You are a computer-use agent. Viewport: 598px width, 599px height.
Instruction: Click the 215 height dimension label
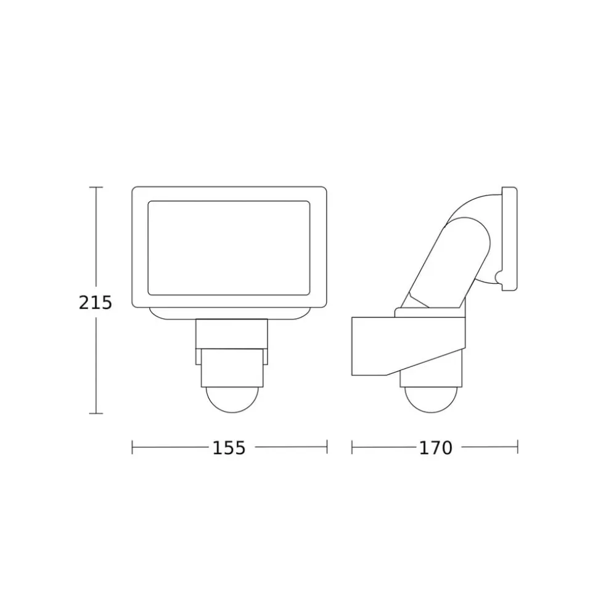click(x=95, y=303)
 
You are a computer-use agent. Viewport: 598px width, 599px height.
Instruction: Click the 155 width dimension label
click(x=229, y=448)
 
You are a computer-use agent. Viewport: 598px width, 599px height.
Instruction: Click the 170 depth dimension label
click(x=436, y=448)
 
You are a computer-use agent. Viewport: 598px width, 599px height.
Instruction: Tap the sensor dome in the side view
click(x=431, y=400)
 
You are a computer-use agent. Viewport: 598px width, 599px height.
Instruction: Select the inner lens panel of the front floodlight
click(x=229, y=249)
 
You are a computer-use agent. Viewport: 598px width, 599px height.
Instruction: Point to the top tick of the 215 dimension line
click(x=96, y=187)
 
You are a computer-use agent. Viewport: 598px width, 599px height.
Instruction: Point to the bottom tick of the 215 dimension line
click(x=96, y=413)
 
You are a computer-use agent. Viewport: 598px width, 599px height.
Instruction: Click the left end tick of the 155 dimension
click(x=132, y=447)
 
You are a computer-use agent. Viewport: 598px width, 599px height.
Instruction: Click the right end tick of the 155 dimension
click(x=327, y=447)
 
